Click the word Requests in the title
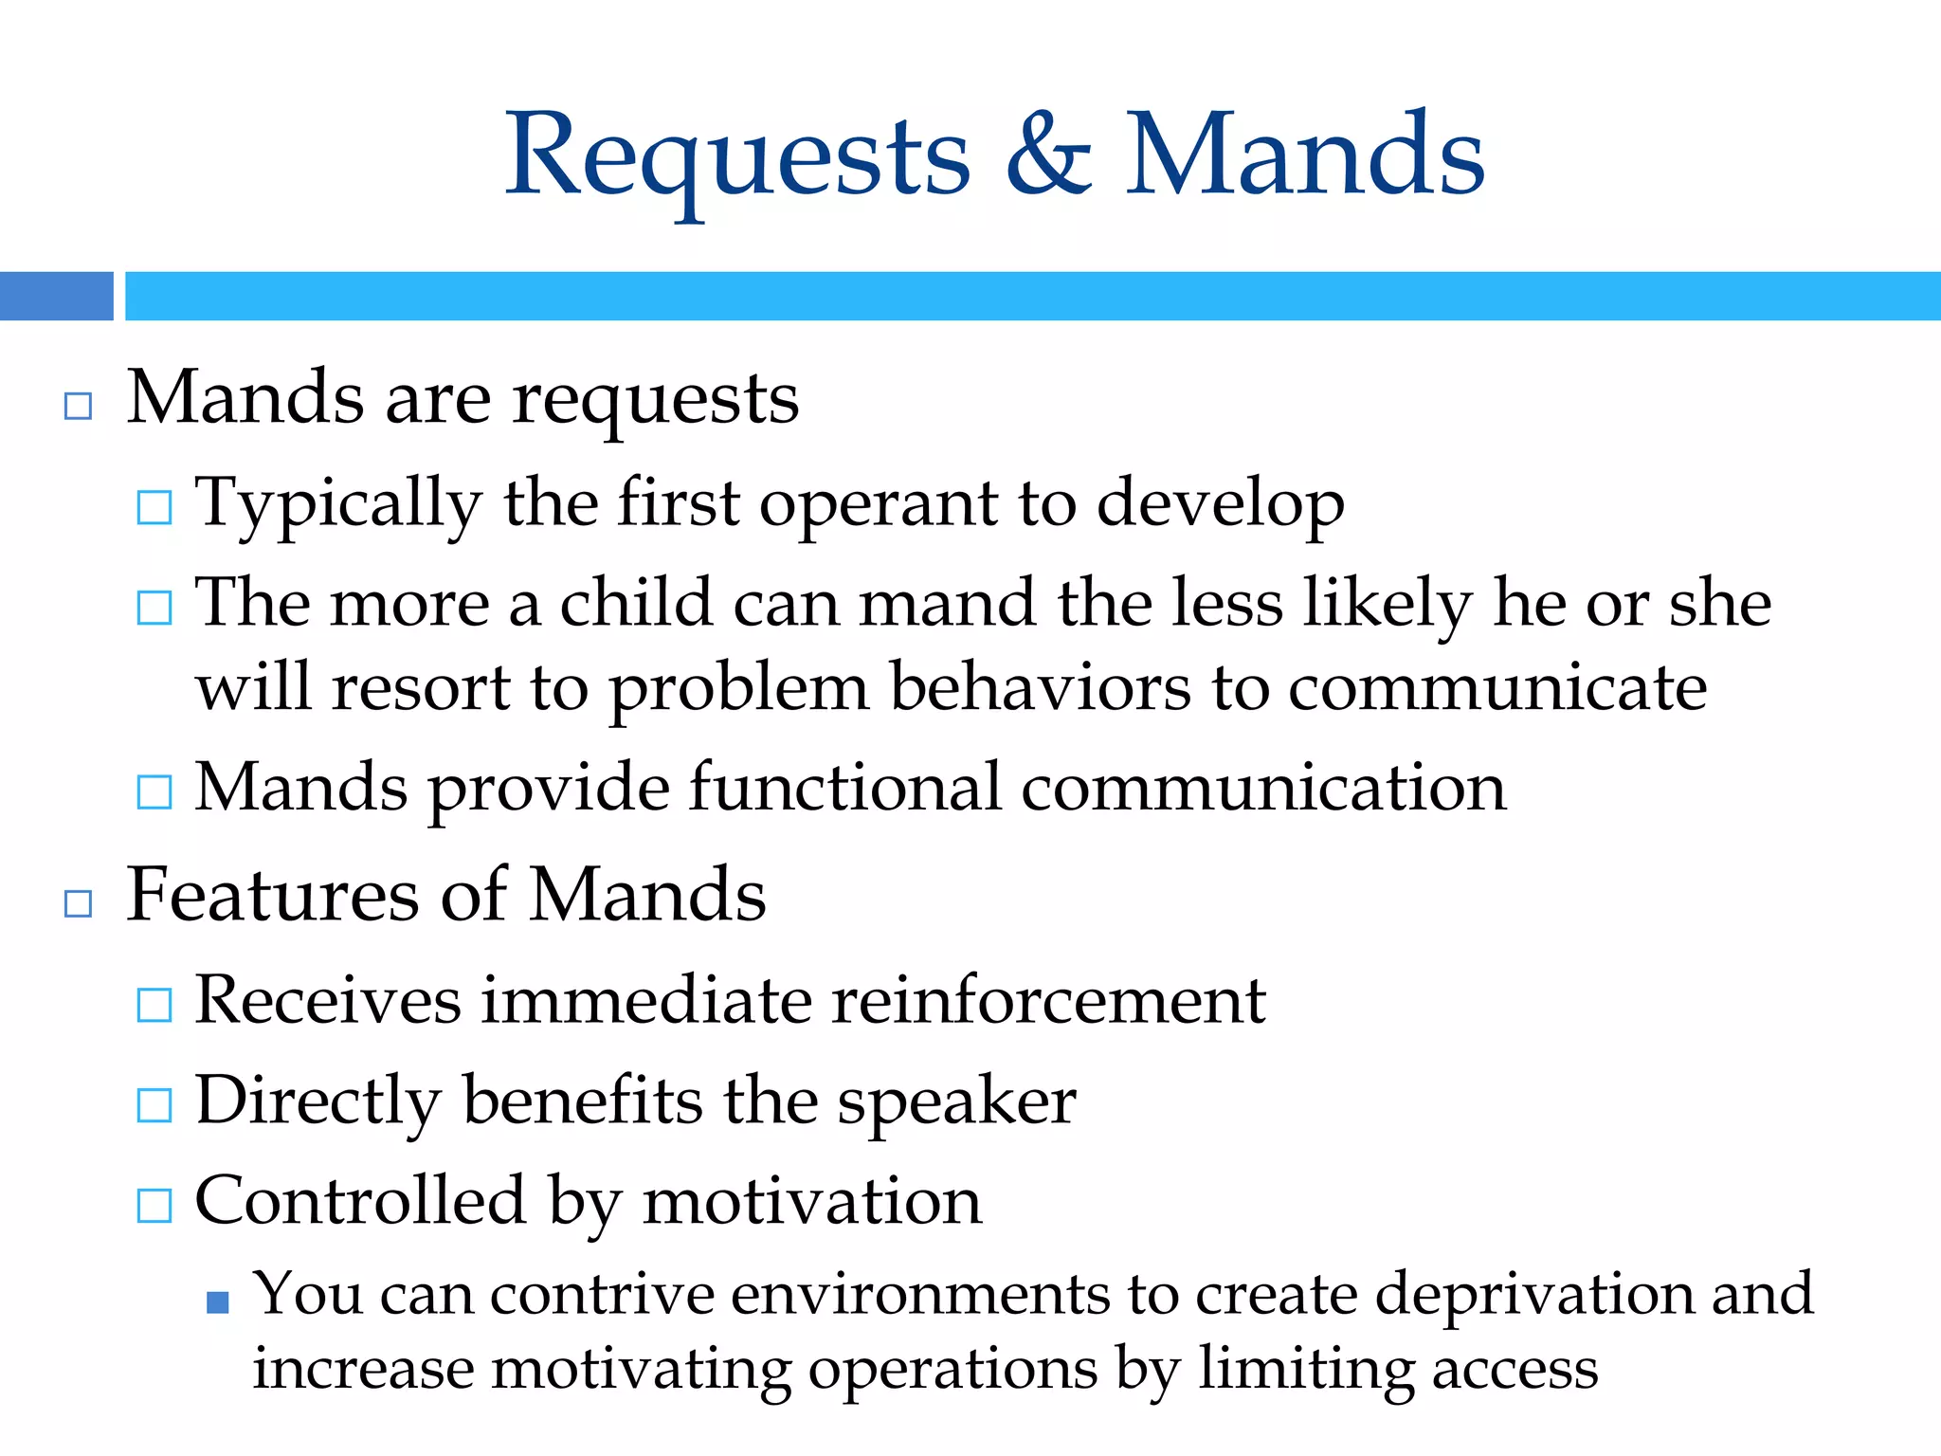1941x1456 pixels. click(x=737, y=156)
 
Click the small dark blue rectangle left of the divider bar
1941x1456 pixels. click(x=56, y=296)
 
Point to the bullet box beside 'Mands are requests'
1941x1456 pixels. click(x=78, y=406)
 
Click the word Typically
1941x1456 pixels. click(x=338, y=503)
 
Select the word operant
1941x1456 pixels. click(x=878, y=503)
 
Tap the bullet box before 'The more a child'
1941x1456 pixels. click(x=154, y=608)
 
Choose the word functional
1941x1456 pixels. click(x=844, y=788)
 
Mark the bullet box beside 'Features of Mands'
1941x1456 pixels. click(x=78, y=903)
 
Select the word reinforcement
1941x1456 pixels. click(x=1048, y=1000)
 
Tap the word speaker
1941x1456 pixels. click(x=956, y=1102)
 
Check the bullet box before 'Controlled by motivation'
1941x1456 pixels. click(x=154, y=1206)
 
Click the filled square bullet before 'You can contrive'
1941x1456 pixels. click(x=218, y=1302)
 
